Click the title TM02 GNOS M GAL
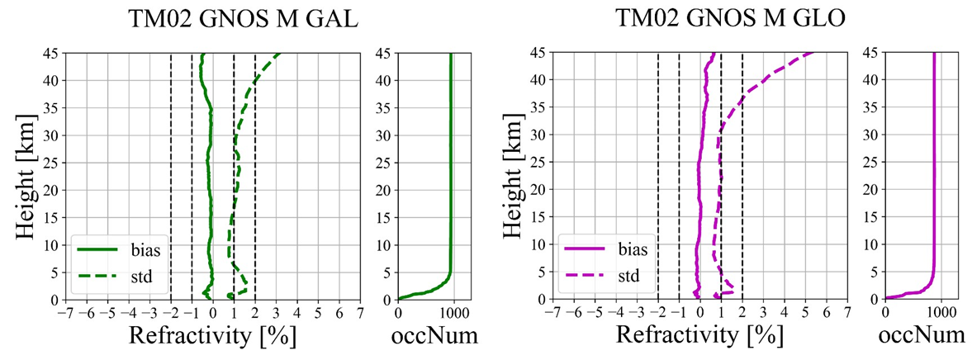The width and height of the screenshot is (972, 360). pos(243,19)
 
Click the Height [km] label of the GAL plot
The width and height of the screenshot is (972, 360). pos(26,176)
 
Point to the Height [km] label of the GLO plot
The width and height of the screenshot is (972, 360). pos(514,176)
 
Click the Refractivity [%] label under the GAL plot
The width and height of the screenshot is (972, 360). pos(212,337)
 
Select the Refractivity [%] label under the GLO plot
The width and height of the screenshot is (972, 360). pos(699,337)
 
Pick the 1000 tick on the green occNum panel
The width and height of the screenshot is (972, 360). pos(453,313)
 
